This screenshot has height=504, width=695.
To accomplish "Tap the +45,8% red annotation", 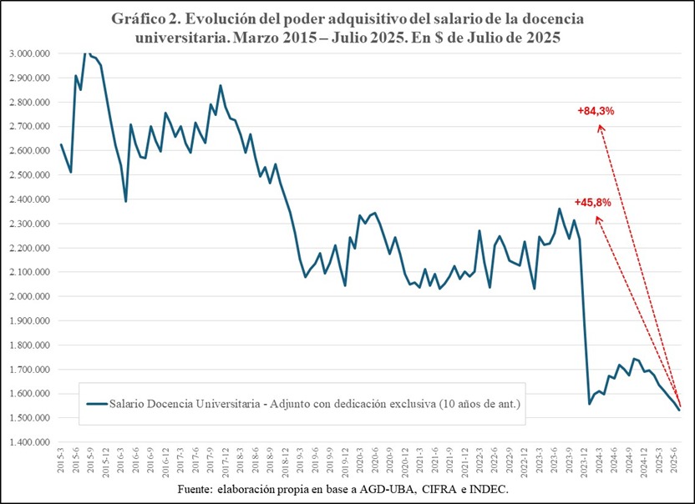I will (593, 202).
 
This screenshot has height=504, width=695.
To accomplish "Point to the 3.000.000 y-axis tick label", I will (28, 53).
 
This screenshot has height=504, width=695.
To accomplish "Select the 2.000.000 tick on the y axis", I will (28, 296).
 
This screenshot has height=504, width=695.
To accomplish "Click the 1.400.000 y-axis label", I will (28, 442).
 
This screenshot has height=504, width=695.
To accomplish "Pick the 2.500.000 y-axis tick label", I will (28, 175).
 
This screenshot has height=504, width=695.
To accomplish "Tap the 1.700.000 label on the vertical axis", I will (28, 370).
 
